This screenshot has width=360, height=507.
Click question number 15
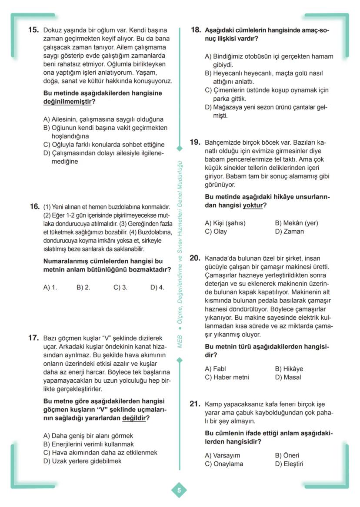pyautogui.click(x=33, y=30)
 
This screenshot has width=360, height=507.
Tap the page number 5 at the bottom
pyautogui.click(x=179, y=490)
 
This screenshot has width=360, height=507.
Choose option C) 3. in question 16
pyautogui.click(x=120, y=287)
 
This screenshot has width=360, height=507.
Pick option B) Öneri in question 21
pyautogui.click(x=287, y=455)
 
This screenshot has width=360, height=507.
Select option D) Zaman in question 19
pyautogui.click(x=289, y=231)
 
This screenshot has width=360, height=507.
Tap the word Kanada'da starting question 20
pyautogui.click(x=221, y=258)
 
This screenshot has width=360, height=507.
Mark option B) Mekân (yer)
pyautogui.click(x=296, y=223)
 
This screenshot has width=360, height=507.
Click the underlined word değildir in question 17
pyautogui.click(x=133, y=418)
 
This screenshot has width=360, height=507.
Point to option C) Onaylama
pyautogui.click(x=224, y=464)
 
